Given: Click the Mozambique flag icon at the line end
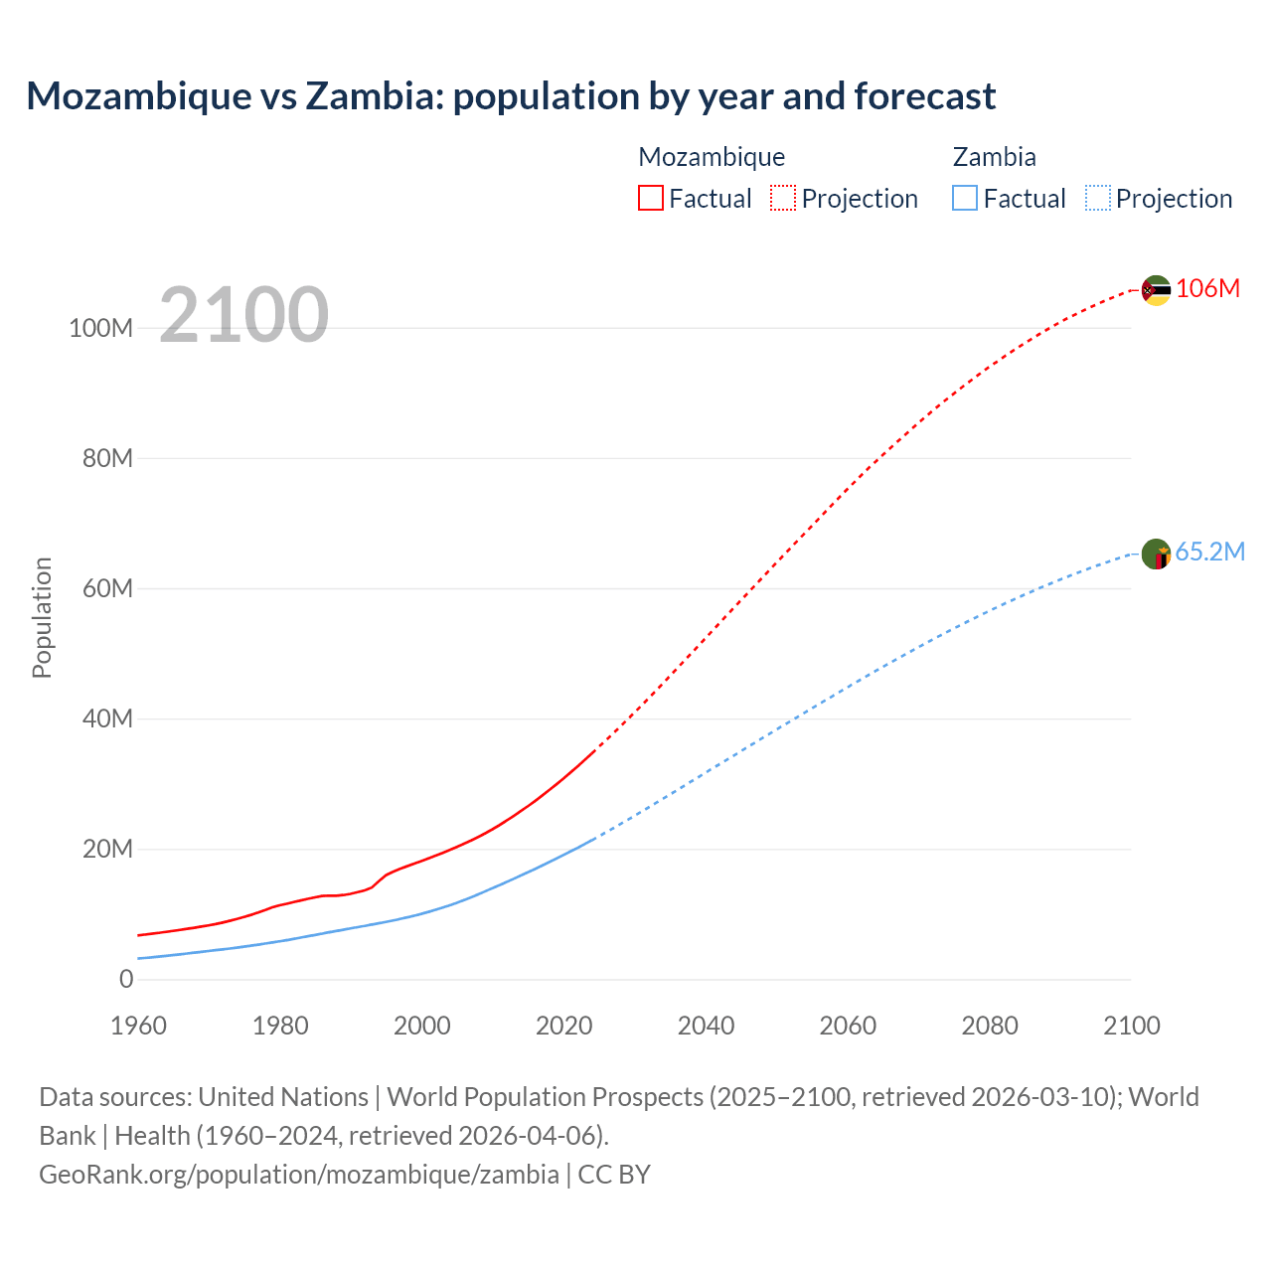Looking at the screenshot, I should click(1156, 290).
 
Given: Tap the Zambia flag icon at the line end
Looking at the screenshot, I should click(1156, 554).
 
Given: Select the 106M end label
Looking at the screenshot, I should click(1207, 288).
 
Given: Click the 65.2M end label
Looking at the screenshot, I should click(1209, 552).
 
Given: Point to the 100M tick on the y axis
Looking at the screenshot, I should click(100, 328).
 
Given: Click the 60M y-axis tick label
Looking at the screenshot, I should click(107, 588).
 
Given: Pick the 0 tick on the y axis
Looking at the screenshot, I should click(125, 979).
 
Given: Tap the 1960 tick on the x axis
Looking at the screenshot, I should click(138, 1026).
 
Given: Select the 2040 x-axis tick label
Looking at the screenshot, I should click(706, 1026).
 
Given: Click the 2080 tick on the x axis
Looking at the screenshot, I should click(990, 1026).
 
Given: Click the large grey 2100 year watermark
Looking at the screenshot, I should click(243, 314).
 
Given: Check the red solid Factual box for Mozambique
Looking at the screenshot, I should click(650, 198).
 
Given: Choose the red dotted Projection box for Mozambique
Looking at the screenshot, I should click(783, 198).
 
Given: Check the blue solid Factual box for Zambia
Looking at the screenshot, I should click(965, 198).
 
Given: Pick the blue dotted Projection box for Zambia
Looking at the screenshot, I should click(1098, 198).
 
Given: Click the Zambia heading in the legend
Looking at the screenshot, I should click(994, 157).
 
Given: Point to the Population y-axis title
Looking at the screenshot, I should click(42, 617).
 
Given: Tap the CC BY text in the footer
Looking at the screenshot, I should click(614, 1174).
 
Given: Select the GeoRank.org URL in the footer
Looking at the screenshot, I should click(298, 1174).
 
